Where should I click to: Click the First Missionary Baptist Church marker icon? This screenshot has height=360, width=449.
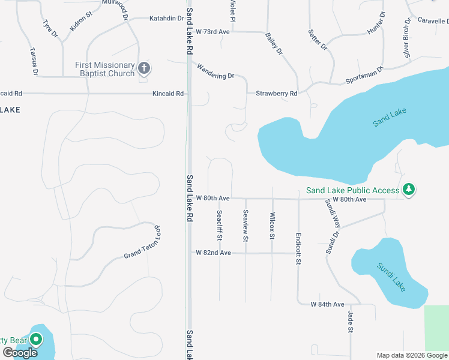pos(144,68)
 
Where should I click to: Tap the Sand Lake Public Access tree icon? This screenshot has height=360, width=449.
pos(409,190)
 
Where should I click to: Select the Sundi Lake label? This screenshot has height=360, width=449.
pos(391,277)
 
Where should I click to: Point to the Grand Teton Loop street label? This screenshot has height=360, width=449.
pos(143,242)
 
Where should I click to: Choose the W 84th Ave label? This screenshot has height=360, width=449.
pos(327,305)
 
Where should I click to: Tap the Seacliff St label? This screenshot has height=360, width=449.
pos(220,225)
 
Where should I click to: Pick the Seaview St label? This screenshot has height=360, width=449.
pos(246,225)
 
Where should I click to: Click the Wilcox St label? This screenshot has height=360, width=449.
pos(272,226)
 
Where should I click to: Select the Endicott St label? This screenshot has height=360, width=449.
pos(298,249)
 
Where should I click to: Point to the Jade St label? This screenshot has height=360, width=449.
pos(350,322)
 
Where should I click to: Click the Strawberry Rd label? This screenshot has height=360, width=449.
pos(276,94)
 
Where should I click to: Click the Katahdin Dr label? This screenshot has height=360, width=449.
pos(166,19)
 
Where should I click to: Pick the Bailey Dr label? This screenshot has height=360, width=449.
pos(274,44)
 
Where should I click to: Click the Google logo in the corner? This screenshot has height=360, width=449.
pos(20,353)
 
